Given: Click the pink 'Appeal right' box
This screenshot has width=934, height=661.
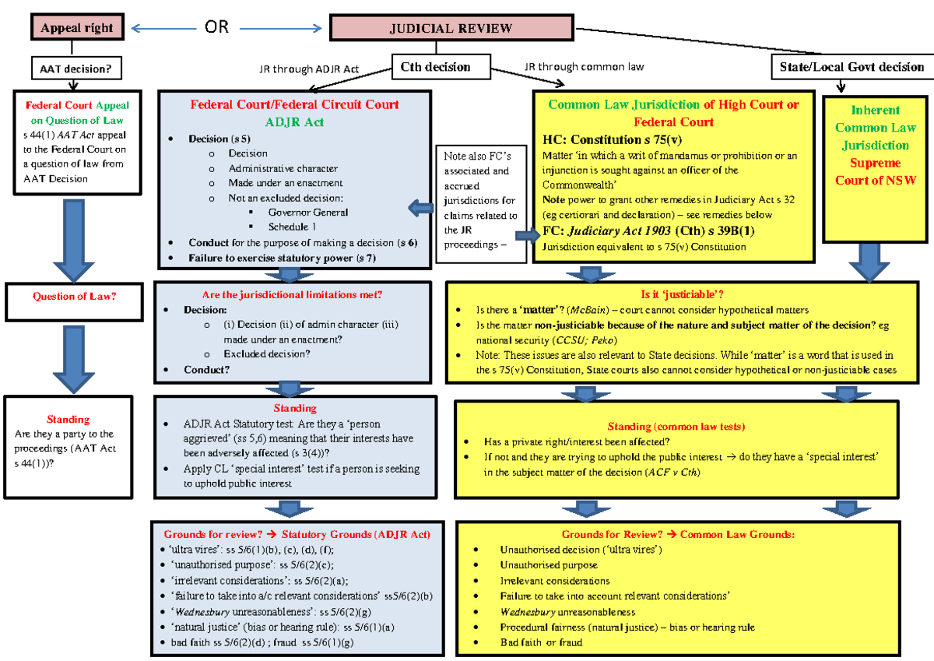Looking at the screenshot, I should (x=76, y=28).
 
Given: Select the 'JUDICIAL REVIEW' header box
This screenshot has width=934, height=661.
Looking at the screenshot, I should (x=451, y=28).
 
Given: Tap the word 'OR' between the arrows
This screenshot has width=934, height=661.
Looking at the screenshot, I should (x=216, y=27).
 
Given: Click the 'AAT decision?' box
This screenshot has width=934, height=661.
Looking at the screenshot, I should (x=75, y=69).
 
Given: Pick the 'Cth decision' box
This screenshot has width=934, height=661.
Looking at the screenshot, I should (x=435, y=67).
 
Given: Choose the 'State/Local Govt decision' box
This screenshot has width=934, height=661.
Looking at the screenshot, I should (x=851, y=67).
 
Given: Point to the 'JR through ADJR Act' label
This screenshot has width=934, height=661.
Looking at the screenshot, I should (x=308, y=69).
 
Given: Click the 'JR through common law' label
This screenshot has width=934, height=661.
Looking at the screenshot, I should (x=584, y=67).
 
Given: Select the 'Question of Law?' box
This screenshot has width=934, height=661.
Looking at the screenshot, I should (x=76, y=296).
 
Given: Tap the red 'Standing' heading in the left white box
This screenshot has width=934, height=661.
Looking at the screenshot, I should (x=68, y=419).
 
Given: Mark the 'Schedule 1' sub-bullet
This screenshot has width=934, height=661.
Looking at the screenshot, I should (x=292, y=227).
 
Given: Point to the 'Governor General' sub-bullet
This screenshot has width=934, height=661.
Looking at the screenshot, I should (x=307, y=212).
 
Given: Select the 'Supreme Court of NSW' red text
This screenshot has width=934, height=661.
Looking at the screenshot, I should (x=875, y=171).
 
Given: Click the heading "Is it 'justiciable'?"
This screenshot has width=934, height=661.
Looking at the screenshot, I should (x=682, y=294).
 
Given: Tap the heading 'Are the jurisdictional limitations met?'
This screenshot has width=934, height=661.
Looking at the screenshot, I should (x=292, y=294).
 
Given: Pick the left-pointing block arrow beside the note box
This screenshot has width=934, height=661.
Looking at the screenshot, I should (x=421, y=207).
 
